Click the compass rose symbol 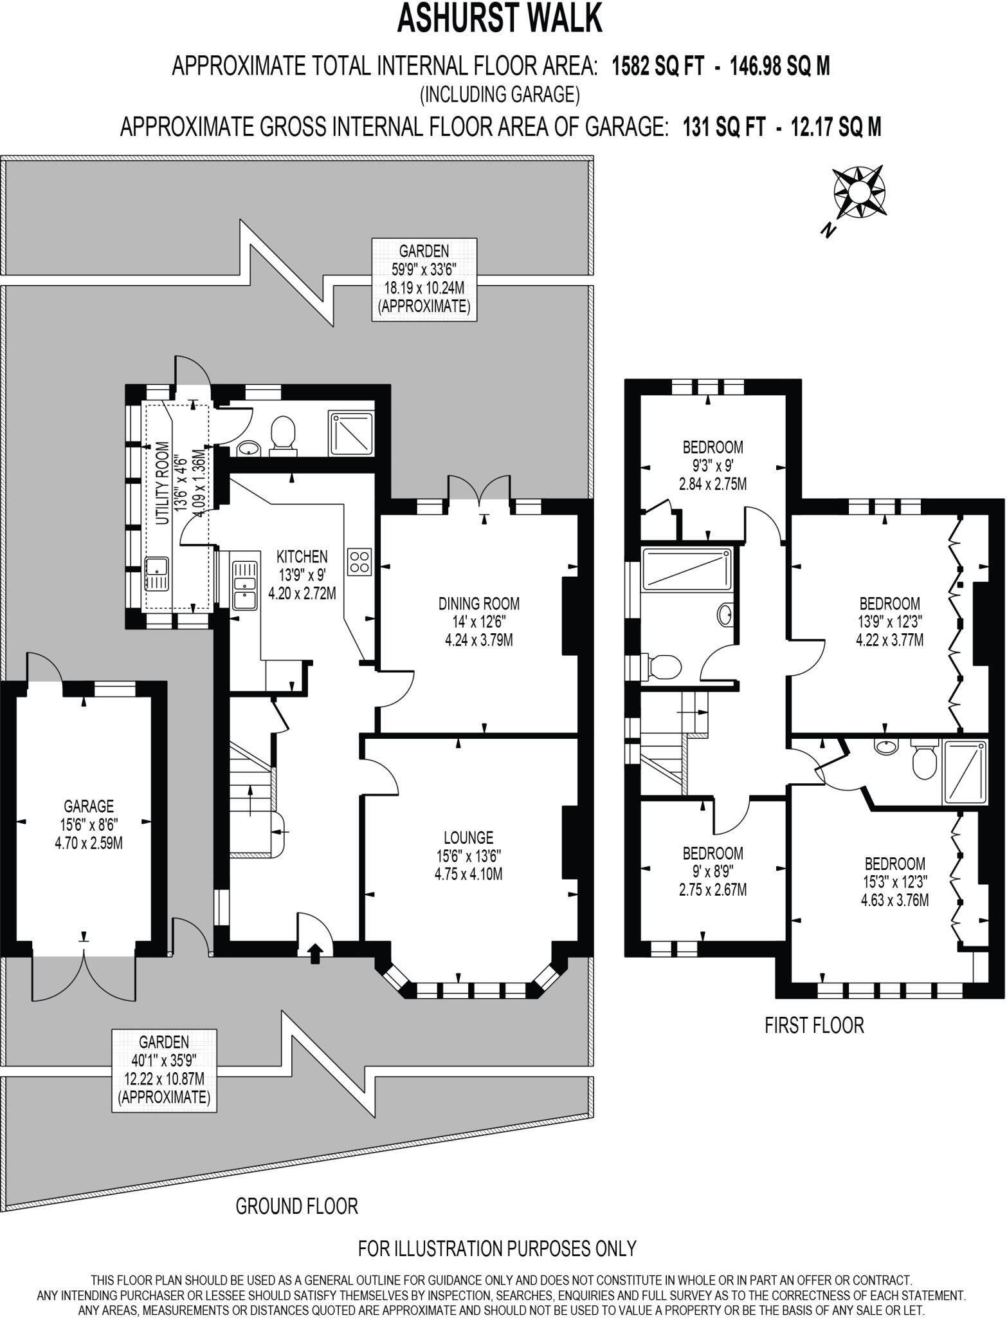point(859,192)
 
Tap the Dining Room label point(478,604)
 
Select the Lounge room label point(468,837)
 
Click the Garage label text point(89,806)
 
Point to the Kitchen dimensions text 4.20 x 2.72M point(302,593)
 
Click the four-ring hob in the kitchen point(359,561)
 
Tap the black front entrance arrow point(315,953)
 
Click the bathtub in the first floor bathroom point(687,568)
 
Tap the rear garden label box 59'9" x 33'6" point(424,279)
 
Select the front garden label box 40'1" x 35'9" point(164,1070)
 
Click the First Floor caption point(814,1025)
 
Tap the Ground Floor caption point(296,1205)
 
